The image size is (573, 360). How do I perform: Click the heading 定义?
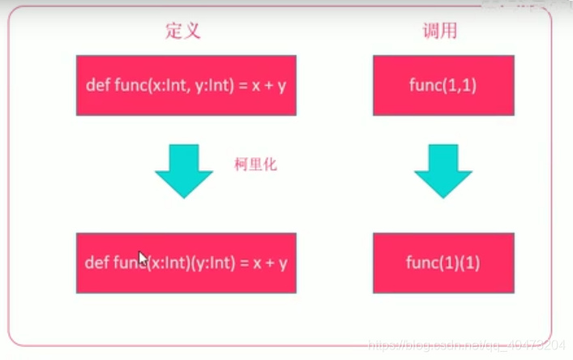[x=182, y=32]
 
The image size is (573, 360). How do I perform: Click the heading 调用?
[x=441, y=32]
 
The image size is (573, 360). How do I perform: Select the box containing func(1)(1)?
[x=443, y=262]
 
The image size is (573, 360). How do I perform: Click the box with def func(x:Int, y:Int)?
[x=186, y=85]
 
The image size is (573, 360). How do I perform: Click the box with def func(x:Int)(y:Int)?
[x=186, y=262]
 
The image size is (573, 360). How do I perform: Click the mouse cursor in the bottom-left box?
[x=143, y=259]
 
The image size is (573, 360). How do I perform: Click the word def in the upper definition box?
[x=96, y=85]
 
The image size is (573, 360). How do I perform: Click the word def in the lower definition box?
[x=96, y=263]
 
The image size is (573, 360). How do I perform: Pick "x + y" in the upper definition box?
[x=269, y=85]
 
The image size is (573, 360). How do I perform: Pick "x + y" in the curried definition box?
[x=271, y=263]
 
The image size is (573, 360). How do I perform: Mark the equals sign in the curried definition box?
[x=245, y=263]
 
